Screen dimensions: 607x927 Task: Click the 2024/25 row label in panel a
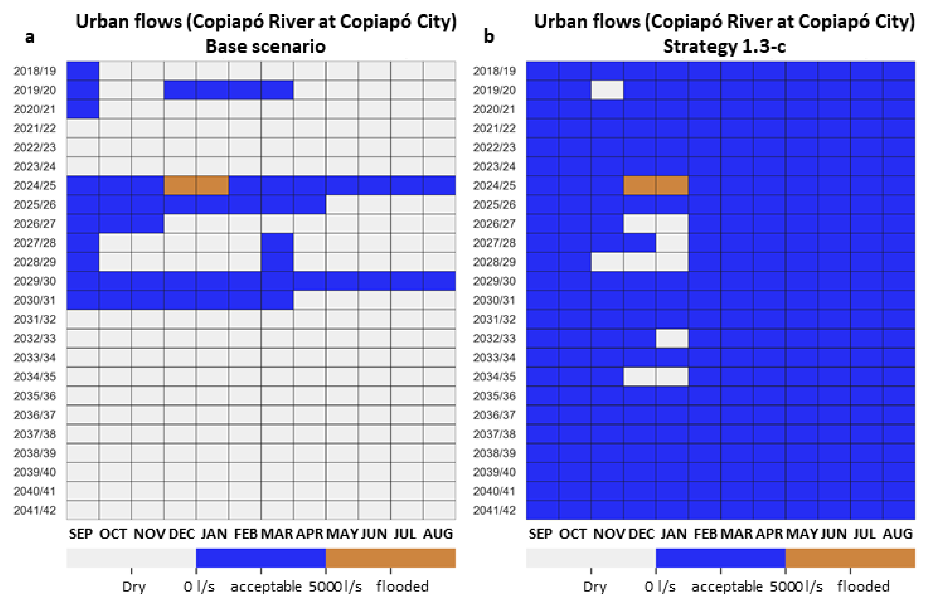click(35, 186)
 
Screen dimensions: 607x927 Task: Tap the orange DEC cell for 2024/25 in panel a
click(180, 185)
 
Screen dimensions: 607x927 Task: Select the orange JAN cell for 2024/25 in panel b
click(672, 185)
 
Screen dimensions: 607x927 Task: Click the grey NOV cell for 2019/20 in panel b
click(607, 90)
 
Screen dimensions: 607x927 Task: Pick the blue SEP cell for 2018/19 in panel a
click(82, 71)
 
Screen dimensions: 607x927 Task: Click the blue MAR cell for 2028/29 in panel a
click(277, 262)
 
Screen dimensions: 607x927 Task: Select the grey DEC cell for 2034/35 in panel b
click(639, 377)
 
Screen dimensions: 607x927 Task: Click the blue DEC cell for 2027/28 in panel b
click(639, 242)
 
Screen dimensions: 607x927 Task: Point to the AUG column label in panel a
click(438, 533)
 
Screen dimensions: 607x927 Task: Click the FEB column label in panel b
click(705, 533)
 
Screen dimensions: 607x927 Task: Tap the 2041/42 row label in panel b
click(494, 510)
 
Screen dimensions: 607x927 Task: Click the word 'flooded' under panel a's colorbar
click(402, 586)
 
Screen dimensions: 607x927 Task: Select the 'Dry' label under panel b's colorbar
click(595, 586)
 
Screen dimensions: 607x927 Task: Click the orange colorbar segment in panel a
click(390, 558)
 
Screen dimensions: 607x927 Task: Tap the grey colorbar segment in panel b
click(590, 558)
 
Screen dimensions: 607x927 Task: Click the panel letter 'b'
click(489, 36)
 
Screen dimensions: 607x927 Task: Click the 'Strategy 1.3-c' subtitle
click(725, 46)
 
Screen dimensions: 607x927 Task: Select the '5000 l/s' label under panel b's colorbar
click(796, 586)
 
